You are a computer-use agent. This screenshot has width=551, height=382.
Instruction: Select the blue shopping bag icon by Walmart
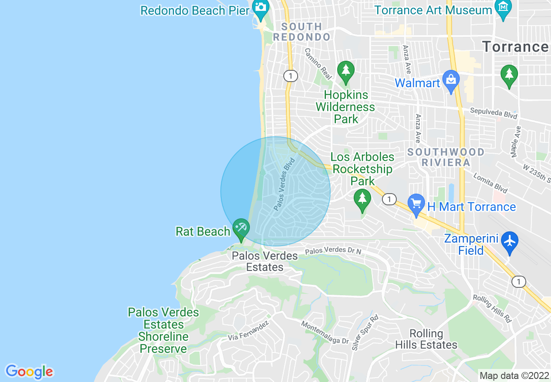coord(451,81)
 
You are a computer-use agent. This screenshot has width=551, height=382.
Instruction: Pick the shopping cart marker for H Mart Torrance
coord(416,204)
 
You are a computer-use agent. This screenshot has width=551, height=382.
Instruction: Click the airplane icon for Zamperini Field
coord(509,242)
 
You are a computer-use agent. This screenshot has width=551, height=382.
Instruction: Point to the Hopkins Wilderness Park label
coord(345,107)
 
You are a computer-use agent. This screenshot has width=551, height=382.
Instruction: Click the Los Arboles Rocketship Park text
coord(362,169)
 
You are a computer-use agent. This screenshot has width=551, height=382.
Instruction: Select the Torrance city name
coord(515,46)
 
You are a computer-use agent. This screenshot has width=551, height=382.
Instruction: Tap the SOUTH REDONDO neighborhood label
coord(302,32)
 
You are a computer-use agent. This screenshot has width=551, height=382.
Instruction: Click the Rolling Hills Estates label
coord(426,339)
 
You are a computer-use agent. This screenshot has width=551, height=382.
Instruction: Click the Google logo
coord(29,372)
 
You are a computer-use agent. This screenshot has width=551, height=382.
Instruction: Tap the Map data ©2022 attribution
coord(514,375)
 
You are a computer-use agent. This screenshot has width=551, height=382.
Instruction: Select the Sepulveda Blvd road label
coord(494,113)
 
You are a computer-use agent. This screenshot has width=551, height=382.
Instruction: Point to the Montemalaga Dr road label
coord(325,332)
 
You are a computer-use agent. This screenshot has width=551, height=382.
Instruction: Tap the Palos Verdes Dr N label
coord(333,251)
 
